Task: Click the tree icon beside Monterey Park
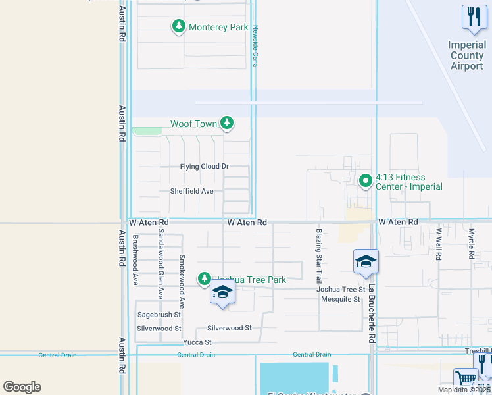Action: pyautogui.click(x=178, y=26)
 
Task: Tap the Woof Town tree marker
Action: pyautogui.click(x=227, y=123)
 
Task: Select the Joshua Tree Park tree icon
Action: pyautogui.click(x=205, y=280)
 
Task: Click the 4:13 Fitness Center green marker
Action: pyautogui.click(x=365, y=180)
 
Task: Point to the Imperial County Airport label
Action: pyautogui.click(x=467, y=56)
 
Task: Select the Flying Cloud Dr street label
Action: pyautogui.click(x=204, y=167)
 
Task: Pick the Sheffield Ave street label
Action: pyautogui.click(x=192, y=191)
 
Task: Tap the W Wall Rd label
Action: pyautogui.click(x=438, y=244)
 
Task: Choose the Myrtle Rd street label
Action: pyautogui.click(x=472, y=244)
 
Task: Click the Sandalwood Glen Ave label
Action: pyautogui.click(x=160, y=268)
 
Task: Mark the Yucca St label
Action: pyautogui.click(x=198, y=342)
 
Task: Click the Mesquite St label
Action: pyautogui.click(x=341, y=299)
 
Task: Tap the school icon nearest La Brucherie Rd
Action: pyautogui.click(x=366, y=261)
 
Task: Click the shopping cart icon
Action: pyautogui.click(x=466, y=379)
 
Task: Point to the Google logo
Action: pyautogui.click(x=22, y=387)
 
